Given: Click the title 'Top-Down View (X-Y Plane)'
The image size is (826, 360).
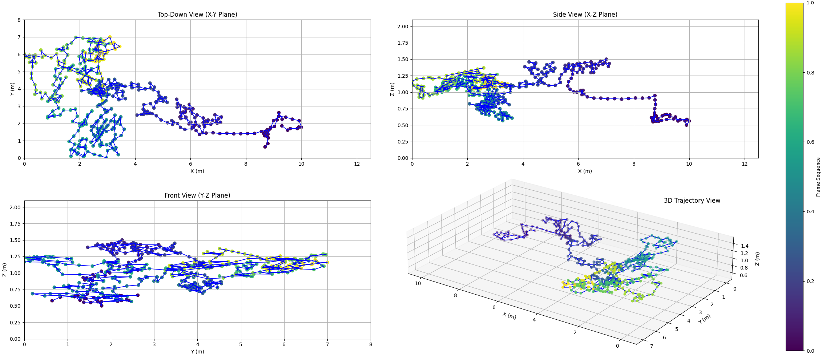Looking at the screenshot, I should point(197,15).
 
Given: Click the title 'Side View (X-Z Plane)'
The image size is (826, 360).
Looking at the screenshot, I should point(585,15).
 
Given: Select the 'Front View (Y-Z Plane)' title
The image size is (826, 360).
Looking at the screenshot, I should point(197,195).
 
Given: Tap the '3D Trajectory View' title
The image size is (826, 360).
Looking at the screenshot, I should point(692,201).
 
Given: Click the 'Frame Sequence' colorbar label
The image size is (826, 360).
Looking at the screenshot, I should point(818,177).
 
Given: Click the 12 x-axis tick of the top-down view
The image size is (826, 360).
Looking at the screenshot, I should point(357,164).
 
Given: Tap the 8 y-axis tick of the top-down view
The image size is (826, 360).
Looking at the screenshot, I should point(19,20).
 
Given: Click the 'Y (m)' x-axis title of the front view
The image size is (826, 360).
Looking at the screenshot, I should point(197,352).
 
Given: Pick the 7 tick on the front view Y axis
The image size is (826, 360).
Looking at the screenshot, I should point(327,344).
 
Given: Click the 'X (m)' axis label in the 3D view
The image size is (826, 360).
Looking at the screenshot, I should point(509,316).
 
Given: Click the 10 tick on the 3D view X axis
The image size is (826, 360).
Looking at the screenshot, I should point(418,283).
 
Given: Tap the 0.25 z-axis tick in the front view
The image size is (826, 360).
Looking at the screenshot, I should point(15,323).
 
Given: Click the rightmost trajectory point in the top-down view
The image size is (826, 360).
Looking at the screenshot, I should point(301,127).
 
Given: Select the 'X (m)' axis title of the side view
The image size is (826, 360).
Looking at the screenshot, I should point(585,171).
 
